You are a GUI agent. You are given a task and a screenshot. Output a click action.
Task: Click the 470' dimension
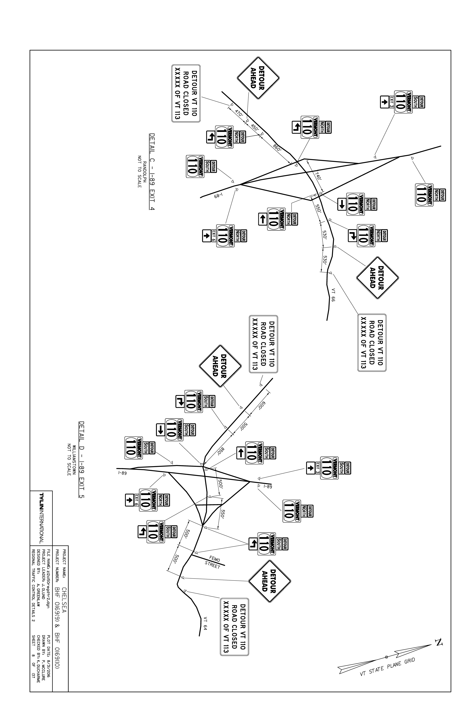(x=239, y=113)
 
